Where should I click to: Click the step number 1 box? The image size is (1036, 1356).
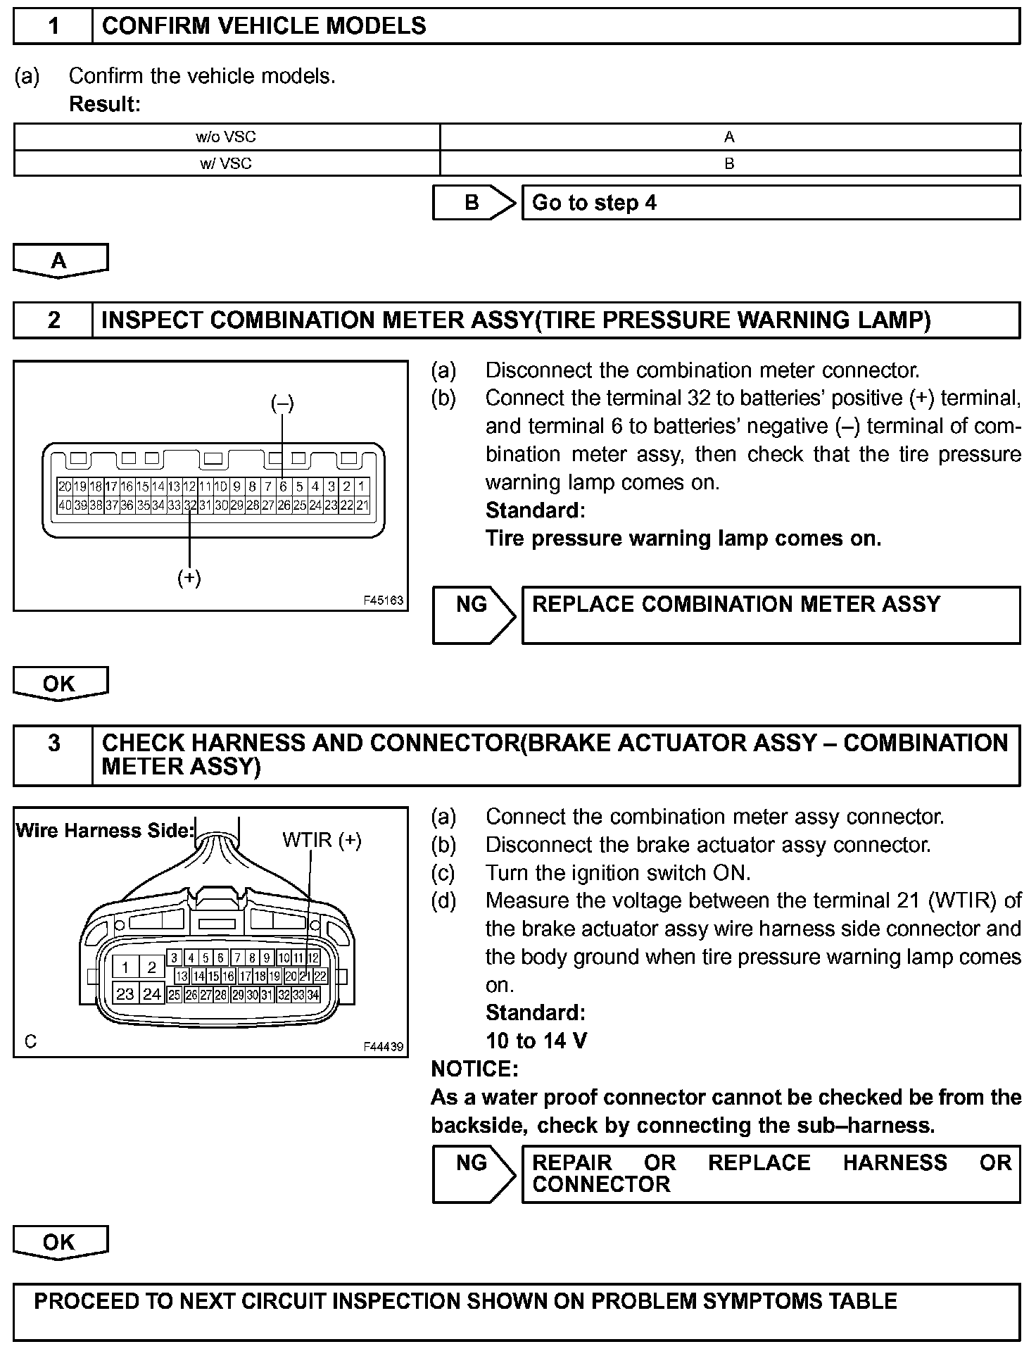(x=53, y=26)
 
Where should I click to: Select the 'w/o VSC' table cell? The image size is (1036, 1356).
(x=226, y=137)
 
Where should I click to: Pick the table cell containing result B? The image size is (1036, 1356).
(x=729, y=163)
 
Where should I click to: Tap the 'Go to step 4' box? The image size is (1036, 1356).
(x=770, y=203)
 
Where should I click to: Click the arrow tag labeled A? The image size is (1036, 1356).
(x=60, y=260)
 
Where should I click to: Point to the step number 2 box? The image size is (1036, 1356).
(x=53, y=320)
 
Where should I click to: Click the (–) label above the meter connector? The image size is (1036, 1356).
(x=282, y=403)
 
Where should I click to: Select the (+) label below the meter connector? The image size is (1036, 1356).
(x=189, y=578)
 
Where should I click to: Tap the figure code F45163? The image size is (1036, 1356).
(x=384, y=601)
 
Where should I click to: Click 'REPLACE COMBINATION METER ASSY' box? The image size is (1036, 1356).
(x=770, y=615)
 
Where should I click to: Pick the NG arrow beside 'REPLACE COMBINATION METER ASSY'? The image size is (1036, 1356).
(x=472, y=615)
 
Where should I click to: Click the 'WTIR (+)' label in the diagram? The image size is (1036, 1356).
(x=322, y=840)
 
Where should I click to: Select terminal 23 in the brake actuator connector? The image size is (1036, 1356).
(x=125, y=994)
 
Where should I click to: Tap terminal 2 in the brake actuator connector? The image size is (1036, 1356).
(x=151, y=967)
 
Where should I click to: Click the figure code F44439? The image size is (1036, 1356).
(x=384, y=1047)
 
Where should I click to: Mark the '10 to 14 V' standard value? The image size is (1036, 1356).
(x=536, y=1041)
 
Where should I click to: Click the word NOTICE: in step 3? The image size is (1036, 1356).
(x=474, y=1069)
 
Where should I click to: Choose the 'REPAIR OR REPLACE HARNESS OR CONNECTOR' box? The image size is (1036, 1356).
(x=770, y=1174)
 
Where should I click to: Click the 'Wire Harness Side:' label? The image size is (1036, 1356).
(x=104, y=831)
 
